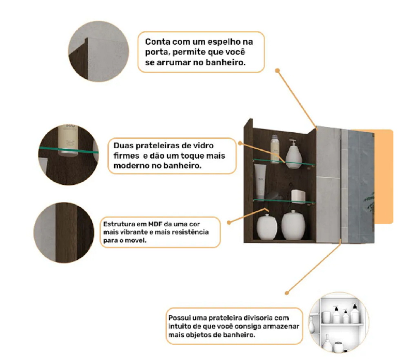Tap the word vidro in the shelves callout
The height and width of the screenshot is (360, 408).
click(202, 145)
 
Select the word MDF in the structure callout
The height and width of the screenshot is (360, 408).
click(155, 224)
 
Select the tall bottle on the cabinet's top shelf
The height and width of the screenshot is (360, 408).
click(275, 149)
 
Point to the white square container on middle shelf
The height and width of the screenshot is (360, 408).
click(298, 196)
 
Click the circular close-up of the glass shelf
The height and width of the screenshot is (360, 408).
click(69, 155)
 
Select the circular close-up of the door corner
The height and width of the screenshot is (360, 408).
click(98, 51)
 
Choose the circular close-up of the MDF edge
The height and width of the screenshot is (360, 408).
click(64, 233)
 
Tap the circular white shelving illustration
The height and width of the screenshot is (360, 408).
click(339, 322)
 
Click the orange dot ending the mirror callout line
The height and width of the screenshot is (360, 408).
click(277, 71)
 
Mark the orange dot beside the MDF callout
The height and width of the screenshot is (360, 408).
click(229, 223)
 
